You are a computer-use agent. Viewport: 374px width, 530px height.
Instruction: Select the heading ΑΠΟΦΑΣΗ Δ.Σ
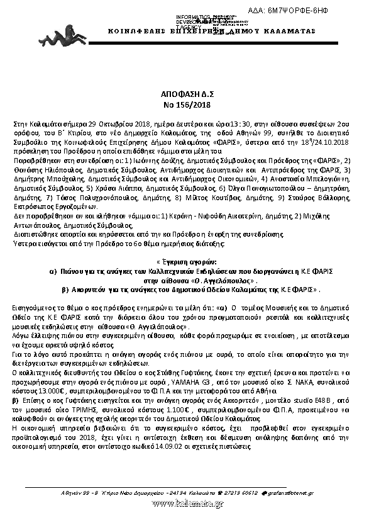click(x=187, y=91)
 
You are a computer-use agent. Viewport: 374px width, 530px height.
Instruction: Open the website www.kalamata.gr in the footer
click(x=187, y=502)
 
